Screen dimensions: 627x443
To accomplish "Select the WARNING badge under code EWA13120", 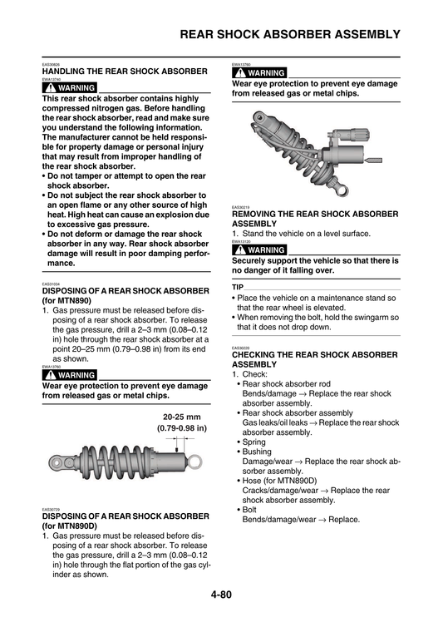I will coord(259,249).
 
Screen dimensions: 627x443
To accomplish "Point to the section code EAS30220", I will coord(241,348).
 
